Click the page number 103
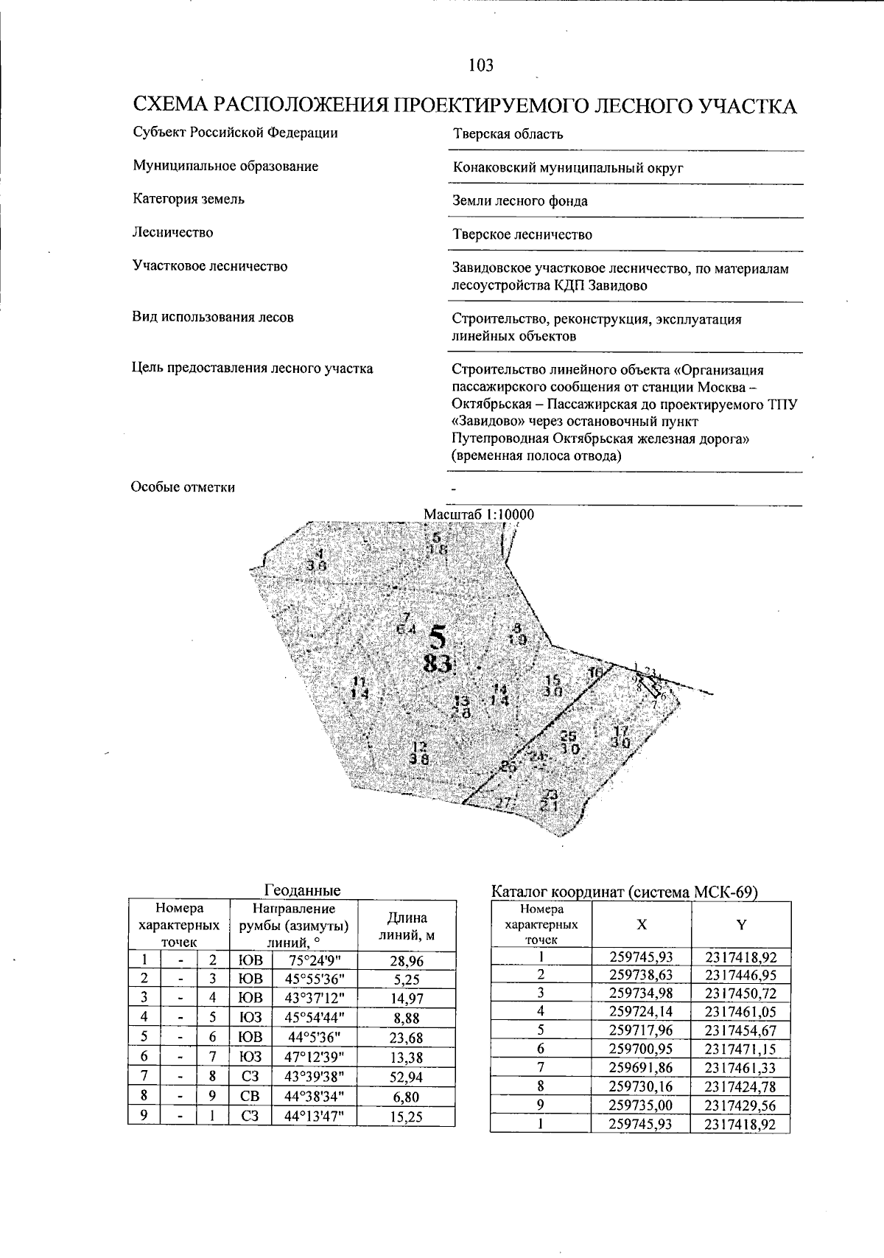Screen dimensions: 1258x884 [x=480, y=66]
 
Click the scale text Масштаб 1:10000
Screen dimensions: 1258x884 [x=479, y=514]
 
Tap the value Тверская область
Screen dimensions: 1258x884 [x=508, y=134]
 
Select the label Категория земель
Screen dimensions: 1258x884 [x=189, y=199]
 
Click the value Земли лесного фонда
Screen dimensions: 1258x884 [x=519, y=201]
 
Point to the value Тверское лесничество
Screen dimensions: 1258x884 [x=522, y=235]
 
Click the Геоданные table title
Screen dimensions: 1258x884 [x=302, y=890]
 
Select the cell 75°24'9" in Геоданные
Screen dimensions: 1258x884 [x=314, y=960]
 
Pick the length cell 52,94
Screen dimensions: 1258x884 [x=406, y=1078]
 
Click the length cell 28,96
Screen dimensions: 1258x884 [x=406, y=960]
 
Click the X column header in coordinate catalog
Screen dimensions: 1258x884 [x=642, y=925]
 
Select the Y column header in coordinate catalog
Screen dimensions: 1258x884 [x=741, y=925]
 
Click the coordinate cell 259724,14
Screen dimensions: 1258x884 [x=642, y=1012]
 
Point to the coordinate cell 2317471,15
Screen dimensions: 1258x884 [x=740, y=1049]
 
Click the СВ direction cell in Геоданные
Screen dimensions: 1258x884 [x=250, y=1097]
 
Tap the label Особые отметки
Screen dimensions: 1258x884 [x=183, y=487]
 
